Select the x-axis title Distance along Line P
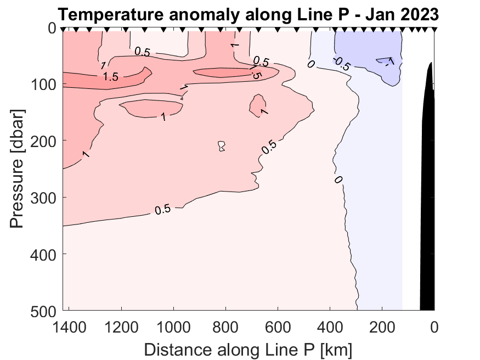click(x=248, y=348)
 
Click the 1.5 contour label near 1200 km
click(x=111, y=77)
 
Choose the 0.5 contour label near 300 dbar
click(x=162, y=209)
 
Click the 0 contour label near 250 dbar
click(x=338, y=179)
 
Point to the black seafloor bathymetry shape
click(x=427, y=220)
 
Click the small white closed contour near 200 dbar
click(x=222, y=146)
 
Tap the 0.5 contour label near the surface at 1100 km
click(x=143, y=52)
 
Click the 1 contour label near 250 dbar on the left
click(x=86, y=154)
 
